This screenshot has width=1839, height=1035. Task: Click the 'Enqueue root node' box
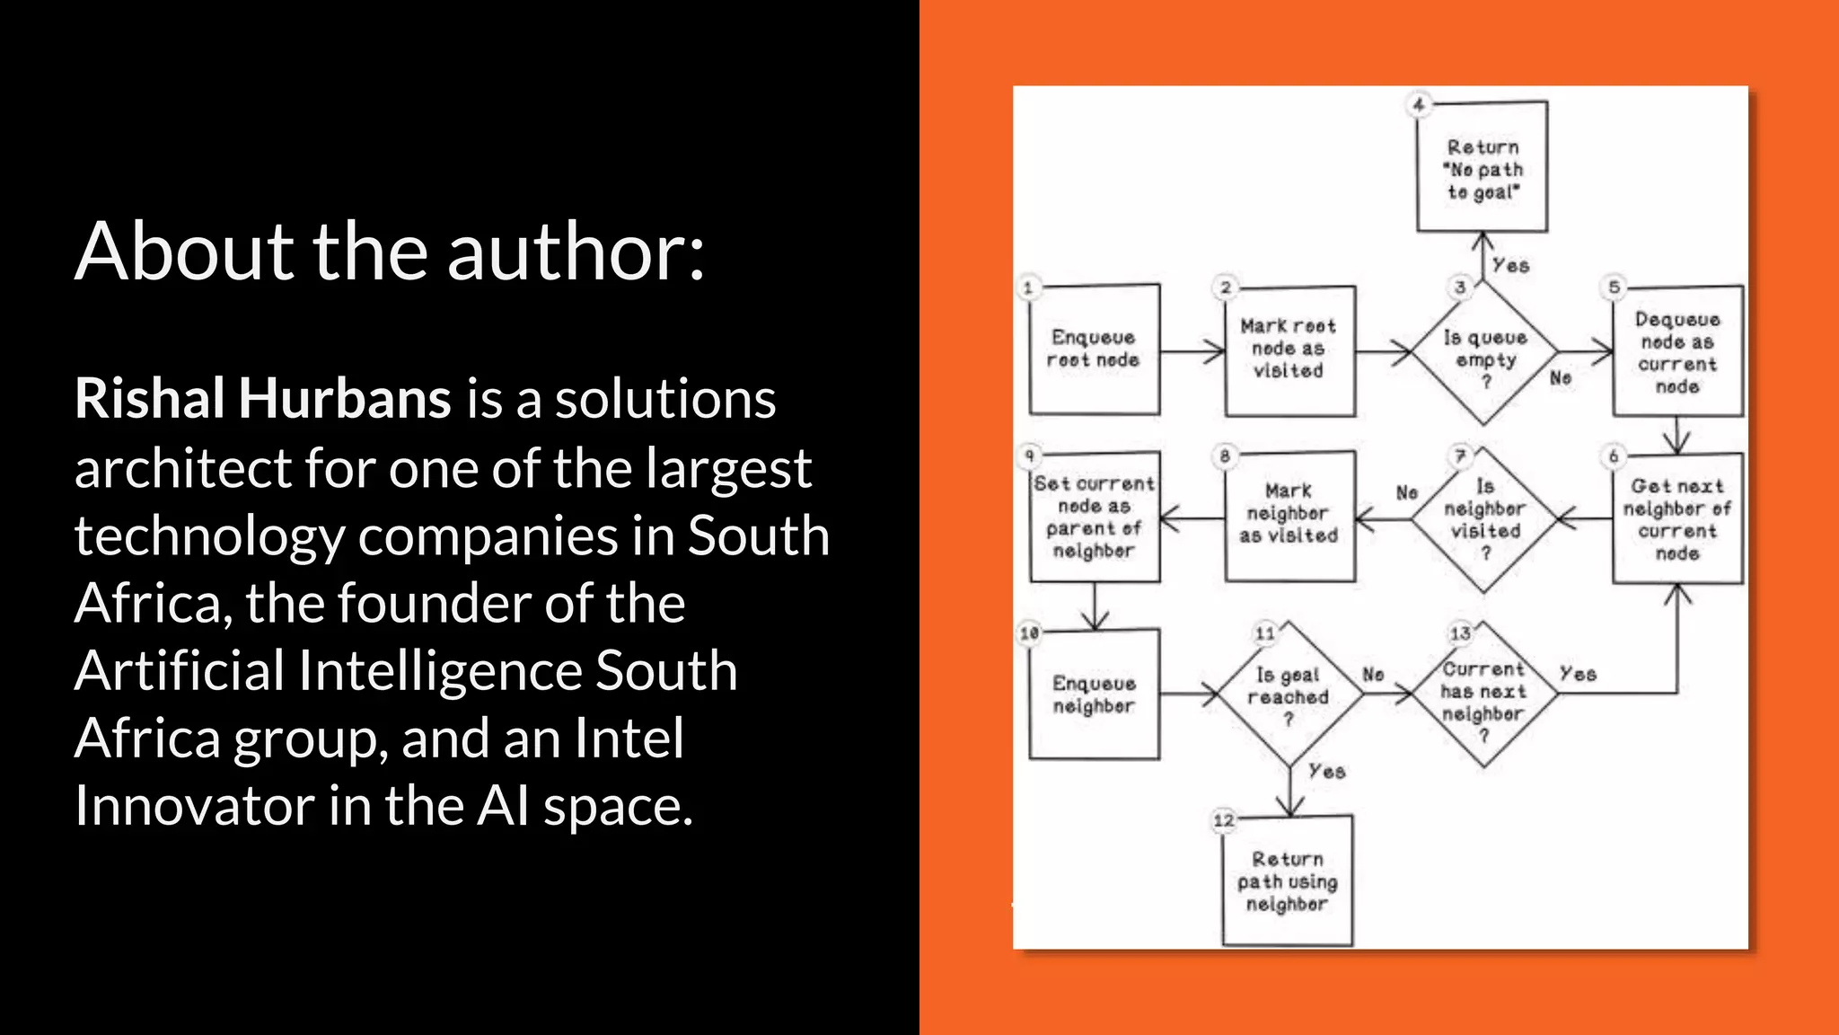[1094, 349]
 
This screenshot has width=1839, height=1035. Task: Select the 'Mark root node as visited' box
[1289, 350]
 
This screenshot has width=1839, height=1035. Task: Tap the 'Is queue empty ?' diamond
[1485, 353]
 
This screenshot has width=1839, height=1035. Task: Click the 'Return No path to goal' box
[1483, 168]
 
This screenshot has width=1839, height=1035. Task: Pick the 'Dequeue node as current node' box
[1677, 351]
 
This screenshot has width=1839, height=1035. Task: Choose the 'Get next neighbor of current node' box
[1677, 518]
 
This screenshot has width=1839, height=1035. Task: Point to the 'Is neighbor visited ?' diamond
[1484, 519]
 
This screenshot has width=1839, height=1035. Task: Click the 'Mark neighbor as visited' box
[1289, 516]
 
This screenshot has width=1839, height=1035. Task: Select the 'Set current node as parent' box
[1094, 517]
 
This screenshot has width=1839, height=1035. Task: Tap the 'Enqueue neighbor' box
[1094, 694]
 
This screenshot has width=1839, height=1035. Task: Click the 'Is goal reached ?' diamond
[1289, 694]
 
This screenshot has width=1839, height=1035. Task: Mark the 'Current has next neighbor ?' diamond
[1483, 694]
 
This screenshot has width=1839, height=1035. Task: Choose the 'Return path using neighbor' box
[1288, 880]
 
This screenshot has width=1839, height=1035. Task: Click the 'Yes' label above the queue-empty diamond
[1510, 266]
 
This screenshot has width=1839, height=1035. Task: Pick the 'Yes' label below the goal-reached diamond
[1326, 772]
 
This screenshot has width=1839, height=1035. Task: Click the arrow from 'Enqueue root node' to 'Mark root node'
[1192, 351]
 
